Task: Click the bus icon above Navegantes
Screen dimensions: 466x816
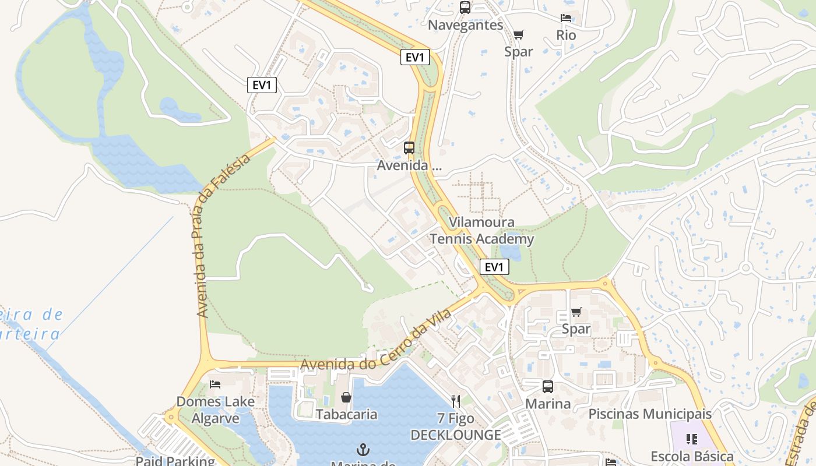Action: tap(465, 8)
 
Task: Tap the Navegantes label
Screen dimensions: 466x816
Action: tap(465, 25)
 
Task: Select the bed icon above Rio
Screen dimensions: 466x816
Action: tap(565, 18)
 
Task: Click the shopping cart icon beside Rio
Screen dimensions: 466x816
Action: tap(518, 34)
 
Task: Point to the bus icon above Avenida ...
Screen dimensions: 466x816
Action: tap(409, 147)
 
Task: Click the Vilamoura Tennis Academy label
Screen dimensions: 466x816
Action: tap(481, 231)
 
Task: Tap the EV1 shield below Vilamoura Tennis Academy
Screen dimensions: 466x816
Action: tap(494, 267)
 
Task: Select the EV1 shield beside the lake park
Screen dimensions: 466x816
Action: tap(262, 85)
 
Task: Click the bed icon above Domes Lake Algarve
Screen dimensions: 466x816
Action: tap(215, 384)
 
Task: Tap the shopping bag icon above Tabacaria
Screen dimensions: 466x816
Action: tap(346, 397)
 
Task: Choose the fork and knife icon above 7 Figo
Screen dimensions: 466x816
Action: tap(456, 401)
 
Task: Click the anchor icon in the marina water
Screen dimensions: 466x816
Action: tap(363, 450)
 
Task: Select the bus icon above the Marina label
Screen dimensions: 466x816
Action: tap(547, 386)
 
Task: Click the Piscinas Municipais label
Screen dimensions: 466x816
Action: tap(650, 414)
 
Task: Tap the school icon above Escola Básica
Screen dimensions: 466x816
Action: tap(692, 439)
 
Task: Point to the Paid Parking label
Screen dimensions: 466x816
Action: tap(175, 461)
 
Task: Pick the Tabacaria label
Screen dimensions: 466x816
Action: tap(346, 414)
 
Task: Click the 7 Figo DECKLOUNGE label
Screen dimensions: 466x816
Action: tap(456, 427)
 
